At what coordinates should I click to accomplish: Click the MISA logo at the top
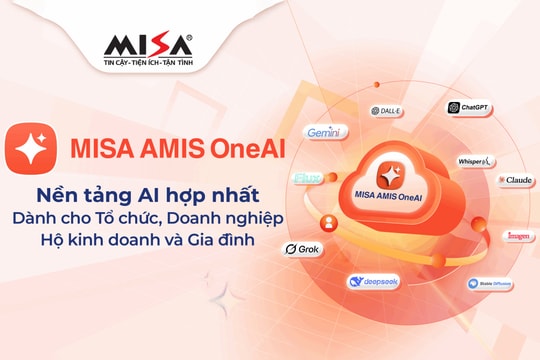(x=148, y=46)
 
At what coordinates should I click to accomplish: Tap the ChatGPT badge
(x=468, y=108)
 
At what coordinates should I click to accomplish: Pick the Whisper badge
(x=473, y=161)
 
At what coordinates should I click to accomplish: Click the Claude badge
(x=516, y=180)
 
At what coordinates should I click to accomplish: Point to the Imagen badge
(x=518, y=236)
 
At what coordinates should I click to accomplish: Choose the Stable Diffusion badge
(x=490, y=284)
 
